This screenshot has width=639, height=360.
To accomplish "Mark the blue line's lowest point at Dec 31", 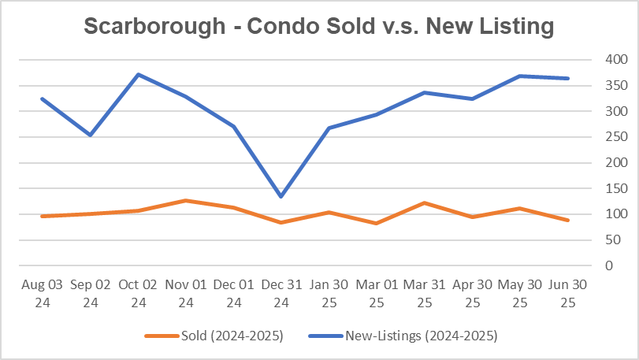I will coord(281,197).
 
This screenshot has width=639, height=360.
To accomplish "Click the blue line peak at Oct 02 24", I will coord(137,75).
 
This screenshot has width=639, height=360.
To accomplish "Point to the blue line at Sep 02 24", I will coord(89,135).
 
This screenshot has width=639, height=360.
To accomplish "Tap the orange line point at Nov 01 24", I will coord(185,201).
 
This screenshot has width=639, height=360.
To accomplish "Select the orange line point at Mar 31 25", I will coord(425,203).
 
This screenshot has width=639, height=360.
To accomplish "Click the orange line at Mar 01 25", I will coord(377,223).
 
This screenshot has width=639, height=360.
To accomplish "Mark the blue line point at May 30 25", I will coord(521,76).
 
